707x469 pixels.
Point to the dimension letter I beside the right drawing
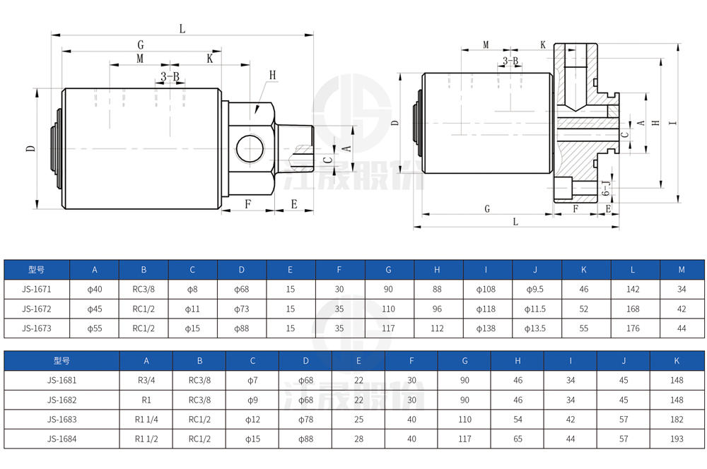coord(673,122)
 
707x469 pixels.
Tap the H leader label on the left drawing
coord(272,76)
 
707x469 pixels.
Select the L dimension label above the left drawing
coord(182,29)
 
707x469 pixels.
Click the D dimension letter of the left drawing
coord(30,148)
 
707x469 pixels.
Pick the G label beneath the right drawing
coord(487,208)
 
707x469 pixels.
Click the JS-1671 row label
coord(37,289)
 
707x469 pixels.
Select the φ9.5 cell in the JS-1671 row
coord(534,289)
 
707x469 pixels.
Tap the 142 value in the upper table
coord(633,289)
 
